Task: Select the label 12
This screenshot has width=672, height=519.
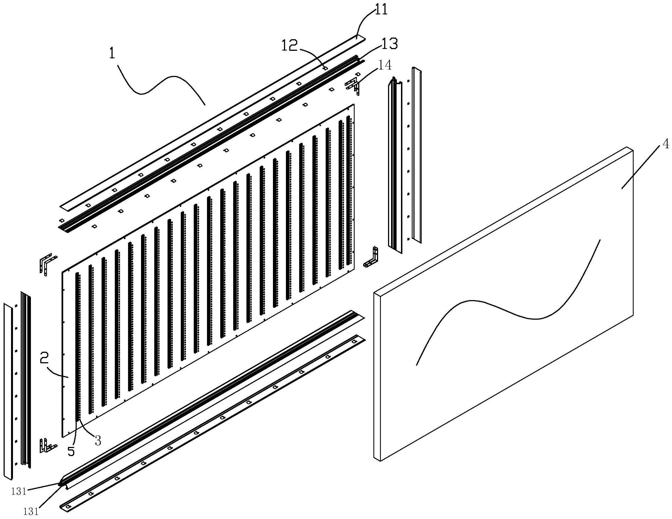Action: [x=290, y=46]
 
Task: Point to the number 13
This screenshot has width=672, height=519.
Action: [x=389, y=44]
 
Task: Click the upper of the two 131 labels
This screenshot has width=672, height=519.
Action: [x=19, y=492]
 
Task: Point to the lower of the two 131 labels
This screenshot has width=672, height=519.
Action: [x=31, y=512]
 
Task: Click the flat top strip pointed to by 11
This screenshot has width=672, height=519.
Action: [x=212, y=123]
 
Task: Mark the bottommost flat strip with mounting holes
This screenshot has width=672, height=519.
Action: [x=212, y=423]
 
